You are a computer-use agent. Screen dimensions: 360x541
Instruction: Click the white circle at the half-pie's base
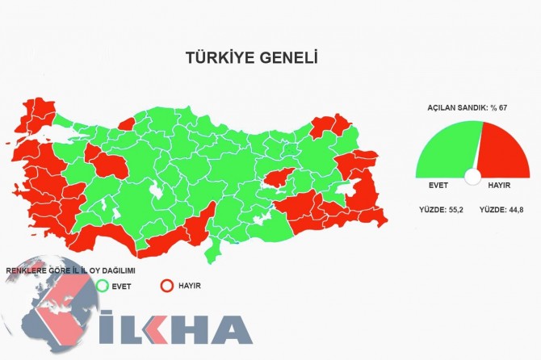click(473, 176)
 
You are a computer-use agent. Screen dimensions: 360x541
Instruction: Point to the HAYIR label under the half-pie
click(500, 186)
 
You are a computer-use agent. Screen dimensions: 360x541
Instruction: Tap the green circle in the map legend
click(102, 285)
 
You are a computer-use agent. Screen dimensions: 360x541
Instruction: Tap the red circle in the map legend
click(167, 285)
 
